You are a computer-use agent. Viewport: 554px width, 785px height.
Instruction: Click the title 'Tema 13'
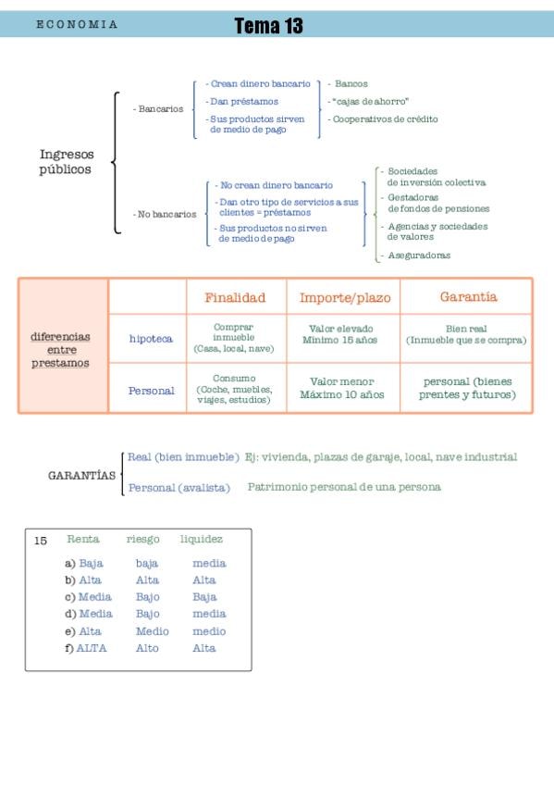point(268,26)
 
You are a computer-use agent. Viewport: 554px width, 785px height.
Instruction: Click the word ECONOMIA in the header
point(77,24)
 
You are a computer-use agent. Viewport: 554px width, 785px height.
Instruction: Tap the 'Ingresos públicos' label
point(67,161)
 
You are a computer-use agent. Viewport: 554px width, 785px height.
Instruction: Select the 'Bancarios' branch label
point(158,108)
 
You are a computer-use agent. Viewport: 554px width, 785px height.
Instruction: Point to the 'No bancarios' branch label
point(165,214)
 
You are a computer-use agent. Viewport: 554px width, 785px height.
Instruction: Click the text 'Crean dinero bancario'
point(258,83)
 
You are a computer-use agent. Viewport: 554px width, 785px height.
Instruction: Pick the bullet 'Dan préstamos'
point(242,101)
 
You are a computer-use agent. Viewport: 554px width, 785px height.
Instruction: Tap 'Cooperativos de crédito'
point(383,119)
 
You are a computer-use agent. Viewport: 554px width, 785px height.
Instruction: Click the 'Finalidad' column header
point(235,297)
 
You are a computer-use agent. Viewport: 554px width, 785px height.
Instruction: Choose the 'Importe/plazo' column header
point(345,298)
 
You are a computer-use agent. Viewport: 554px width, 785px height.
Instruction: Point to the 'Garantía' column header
point(469,297)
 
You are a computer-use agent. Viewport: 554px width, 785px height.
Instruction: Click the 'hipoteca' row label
point(151,339)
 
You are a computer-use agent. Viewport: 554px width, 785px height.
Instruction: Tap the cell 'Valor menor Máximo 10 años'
point(342,388)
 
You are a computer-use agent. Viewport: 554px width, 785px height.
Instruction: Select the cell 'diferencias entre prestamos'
point(60,349)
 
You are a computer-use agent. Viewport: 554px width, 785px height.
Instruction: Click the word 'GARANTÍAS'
point(82,476)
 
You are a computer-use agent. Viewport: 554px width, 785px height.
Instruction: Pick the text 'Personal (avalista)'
point(179,488)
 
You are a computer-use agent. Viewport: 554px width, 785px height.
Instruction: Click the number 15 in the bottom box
point(41,541)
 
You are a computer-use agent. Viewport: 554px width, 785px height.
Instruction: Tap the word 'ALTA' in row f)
point(92,648)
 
